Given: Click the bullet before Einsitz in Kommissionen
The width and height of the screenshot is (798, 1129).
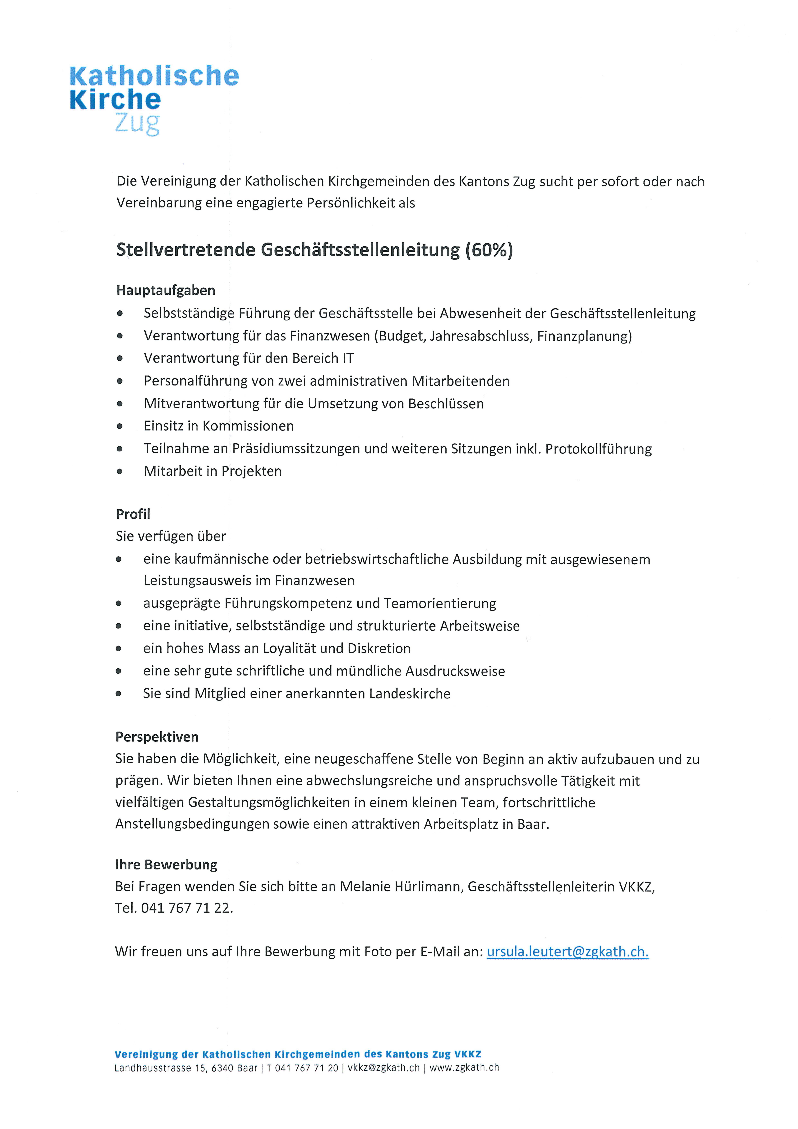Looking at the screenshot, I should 120,426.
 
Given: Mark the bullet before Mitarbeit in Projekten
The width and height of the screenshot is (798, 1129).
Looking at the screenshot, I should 120,471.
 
